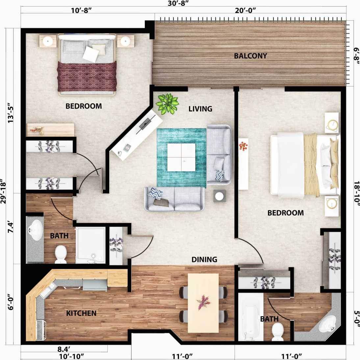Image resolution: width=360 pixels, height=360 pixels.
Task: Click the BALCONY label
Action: click(250, 56)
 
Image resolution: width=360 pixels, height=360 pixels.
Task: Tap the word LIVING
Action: click(200, 109)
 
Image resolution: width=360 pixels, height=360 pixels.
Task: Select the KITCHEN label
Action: click(81, 313)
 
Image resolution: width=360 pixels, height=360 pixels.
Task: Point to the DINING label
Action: click(204, 260)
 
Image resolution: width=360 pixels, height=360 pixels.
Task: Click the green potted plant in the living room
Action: click(167, 103)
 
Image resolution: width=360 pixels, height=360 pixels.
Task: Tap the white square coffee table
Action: click(181, 157)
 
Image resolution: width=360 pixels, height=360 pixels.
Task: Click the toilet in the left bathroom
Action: click(61, 254)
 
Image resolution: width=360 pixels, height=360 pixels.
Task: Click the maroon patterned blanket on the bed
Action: click(87, 76)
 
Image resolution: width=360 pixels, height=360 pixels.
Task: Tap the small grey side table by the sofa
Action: click(219, 196)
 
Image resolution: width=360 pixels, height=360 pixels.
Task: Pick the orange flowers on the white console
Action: click(244, 146)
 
